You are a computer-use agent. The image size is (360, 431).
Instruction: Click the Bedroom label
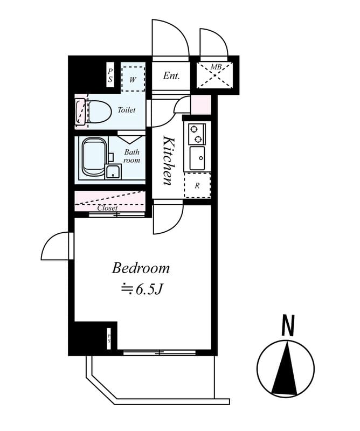pos(141,268)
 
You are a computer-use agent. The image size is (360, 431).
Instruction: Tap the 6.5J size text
pos(141,289)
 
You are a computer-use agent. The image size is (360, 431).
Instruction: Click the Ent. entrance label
pos(171,76)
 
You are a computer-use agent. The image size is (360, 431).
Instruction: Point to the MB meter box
pos(216,75)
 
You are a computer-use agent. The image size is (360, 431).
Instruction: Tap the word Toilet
pos(126,110)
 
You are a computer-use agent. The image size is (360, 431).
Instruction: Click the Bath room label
pos(131,156)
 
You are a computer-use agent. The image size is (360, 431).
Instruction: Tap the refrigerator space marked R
pos(197,185)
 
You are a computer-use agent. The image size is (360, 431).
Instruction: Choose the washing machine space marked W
pos(132,79)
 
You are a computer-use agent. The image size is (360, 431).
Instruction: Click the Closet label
pos(107,208)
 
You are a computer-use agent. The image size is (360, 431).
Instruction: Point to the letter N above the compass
pos(288,326)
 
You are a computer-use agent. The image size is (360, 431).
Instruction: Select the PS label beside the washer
pos(110,75)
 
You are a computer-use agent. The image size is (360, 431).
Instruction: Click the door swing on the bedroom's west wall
pos(56,247)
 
